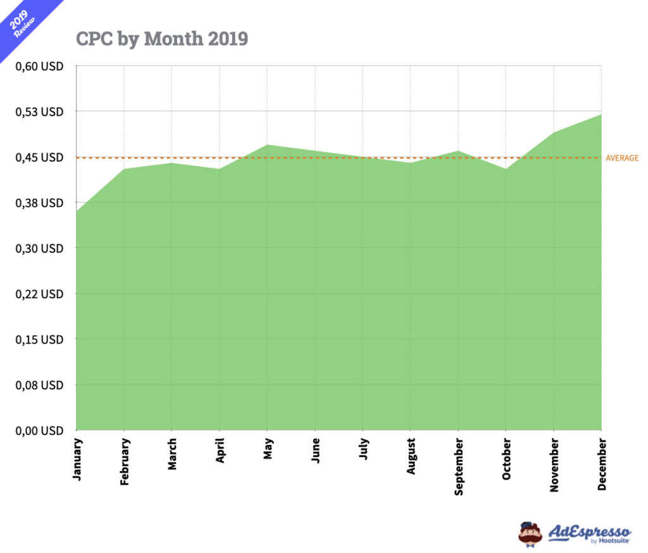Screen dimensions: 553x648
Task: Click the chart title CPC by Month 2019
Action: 162,39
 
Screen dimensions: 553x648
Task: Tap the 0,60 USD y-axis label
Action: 39,66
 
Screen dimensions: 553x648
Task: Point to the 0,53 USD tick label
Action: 39,112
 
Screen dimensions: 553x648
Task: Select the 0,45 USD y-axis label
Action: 39,158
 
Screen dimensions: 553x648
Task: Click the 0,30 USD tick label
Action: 39,249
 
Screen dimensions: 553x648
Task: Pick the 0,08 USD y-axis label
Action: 39,385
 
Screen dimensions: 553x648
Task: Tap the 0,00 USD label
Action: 39,431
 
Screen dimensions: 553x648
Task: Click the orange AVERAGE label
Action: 622,158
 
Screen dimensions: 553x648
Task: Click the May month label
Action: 268,450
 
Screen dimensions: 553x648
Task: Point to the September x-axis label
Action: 458,466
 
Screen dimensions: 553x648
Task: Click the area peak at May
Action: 267,145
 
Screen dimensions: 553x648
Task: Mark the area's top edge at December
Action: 601,115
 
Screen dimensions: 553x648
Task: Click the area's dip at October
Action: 506,168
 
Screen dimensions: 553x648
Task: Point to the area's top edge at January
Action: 77,211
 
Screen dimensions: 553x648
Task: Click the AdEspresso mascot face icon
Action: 530,533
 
